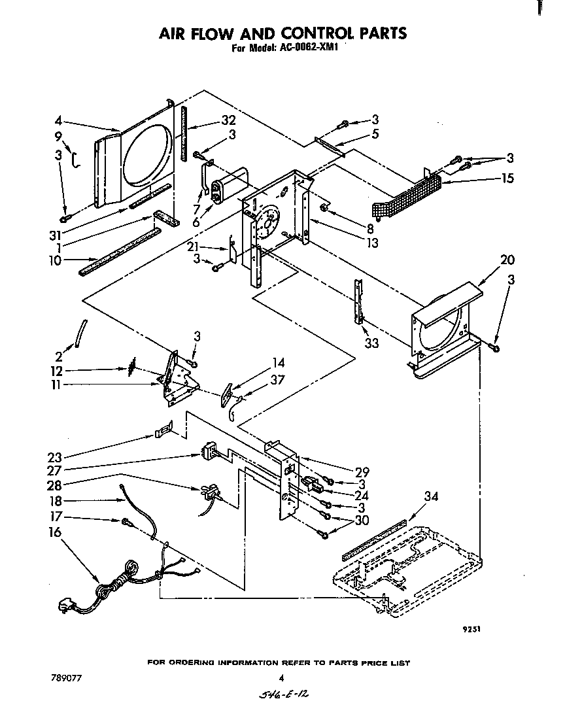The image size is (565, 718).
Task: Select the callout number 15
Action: pos(507,179)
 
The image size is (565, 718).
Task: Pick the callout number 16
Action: pos(55,532)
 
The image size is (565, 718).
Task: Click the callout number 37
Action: pos(278,380)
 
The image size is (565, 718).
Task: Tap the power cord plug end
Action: pos(65,607)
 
